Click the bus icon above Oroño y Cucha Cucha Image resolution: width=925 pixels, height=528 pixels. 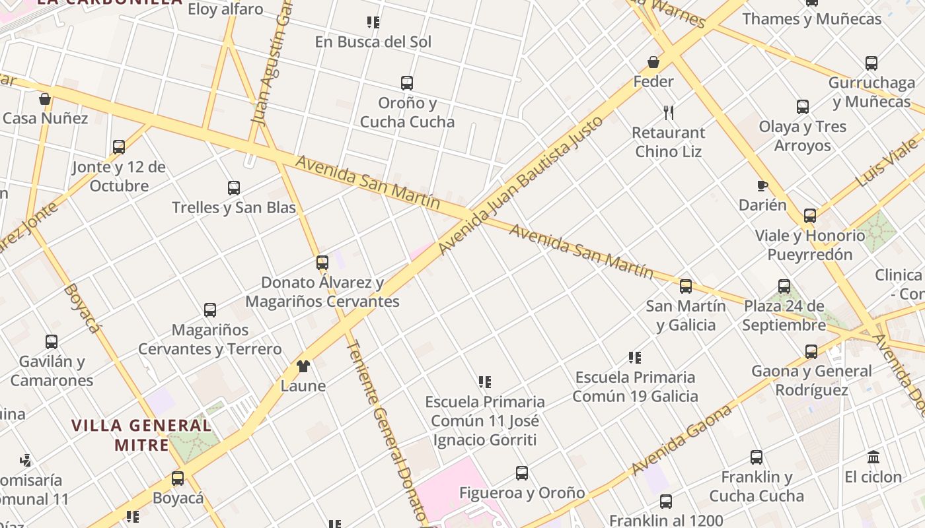(x=407, y=83)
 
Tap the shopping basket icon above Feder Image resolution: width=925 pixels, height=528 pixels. (x=653, y=62)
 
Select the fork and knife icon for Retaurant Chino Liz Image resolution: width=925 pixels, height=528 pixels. (x=669, y=112)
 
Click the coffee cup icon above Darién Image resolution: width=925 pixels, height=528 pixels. (x=762, y=185)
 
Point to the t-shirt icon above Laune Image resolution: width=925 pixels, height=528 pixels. (x=303, y=366)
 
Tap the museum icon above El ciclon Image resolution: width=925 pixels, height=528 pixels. (x=873, y=457)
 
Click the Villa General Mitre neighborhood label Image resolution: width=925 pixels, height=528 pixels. (x=142, y=435)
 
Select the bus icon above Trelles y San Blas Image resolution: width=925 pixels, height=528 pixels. (x=234, y=188)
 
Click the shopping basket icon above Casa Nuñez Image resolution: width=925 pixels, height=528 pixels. (x=45, y=99)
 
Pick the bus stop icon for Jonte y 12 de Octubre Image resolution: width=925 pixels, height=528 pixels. (x=119, y=147)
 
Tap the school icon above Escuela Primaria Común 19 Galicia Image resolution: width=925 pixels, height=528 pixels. (x=635, y=358)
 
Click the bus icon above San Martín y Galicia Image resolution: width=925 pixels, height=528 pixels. (x=686, y=286)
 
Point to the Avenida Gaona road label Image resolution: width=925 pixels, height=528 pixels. (x=681, y=440)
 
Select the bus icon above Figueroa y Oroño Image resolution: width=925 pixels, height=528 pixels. (x=522, y=473)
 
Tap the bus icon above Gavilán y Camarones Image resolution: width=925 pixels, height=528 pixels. (x=52, y=342)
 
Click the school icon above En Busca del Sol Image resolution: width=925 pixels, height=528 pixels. (x=373, y=22)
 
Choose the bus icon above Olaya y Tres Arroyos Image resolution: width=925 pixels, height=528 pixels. (x=803, y=107)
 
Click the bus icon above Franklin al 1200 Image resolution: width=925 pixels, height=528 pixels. (x=666, y=502)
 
